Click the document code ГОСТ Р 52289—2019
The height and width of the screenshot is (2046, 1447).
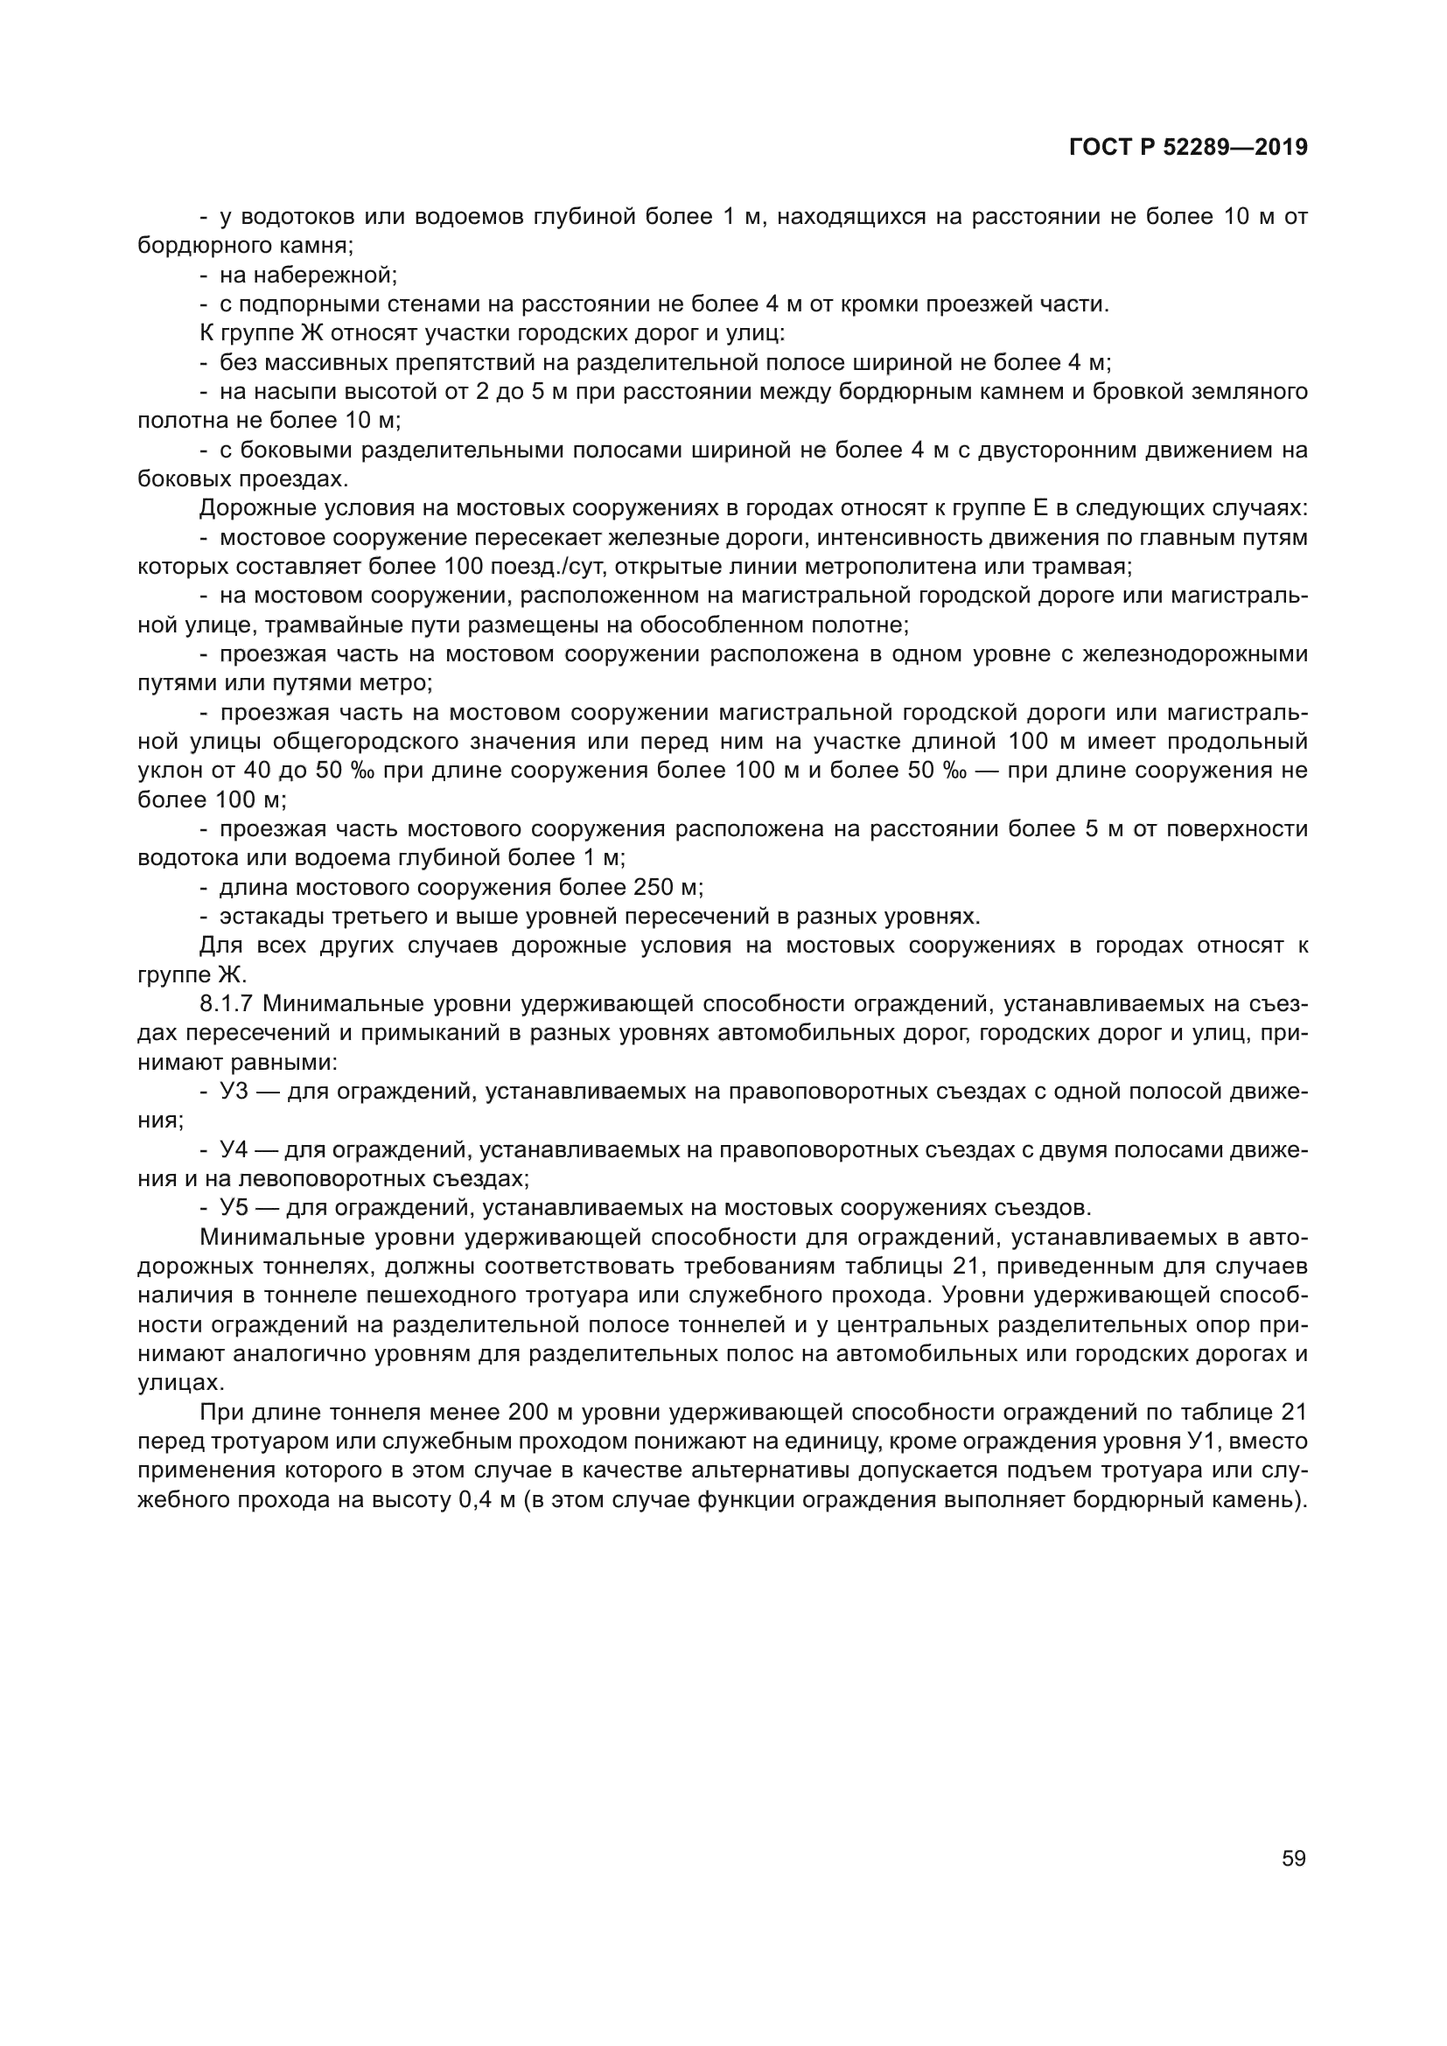tap(1188, 148)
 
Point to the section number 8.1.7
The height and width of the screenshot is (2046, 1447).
tap(227, 1004)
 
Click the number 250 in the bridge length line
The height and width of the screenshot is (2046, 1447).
tap(654, 888)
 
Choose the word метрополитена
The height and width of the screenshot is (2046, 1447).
tap(898, 567)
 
